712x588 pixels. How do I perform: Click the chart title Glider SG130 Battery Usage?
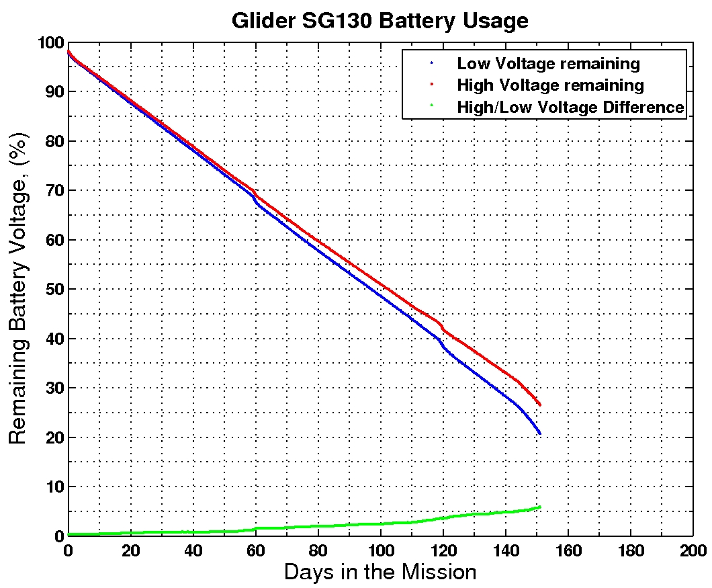(380, 20)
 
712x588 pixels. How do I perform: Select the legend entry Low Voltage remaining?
(548, 64)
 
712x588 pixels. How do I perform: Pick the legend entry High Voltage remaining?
(550, 85)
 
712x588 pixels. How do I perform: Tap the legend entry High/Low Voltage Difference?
(570, 107)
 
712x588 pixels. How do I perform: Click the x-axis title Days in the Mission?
(380, 572)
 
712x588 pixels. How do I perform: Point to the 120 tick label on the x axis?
(443, 550)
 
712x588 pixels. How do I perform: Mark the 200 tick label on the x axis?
(693, 550)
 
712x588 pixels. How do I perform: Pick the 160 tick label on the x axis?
(568, 550)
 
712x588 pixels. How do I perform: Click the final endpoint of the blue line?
(539, 434)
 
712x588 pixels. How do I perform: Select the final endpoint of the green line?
(539, 507)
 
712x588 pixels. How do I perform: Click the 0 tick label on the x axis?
(68, 550)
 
